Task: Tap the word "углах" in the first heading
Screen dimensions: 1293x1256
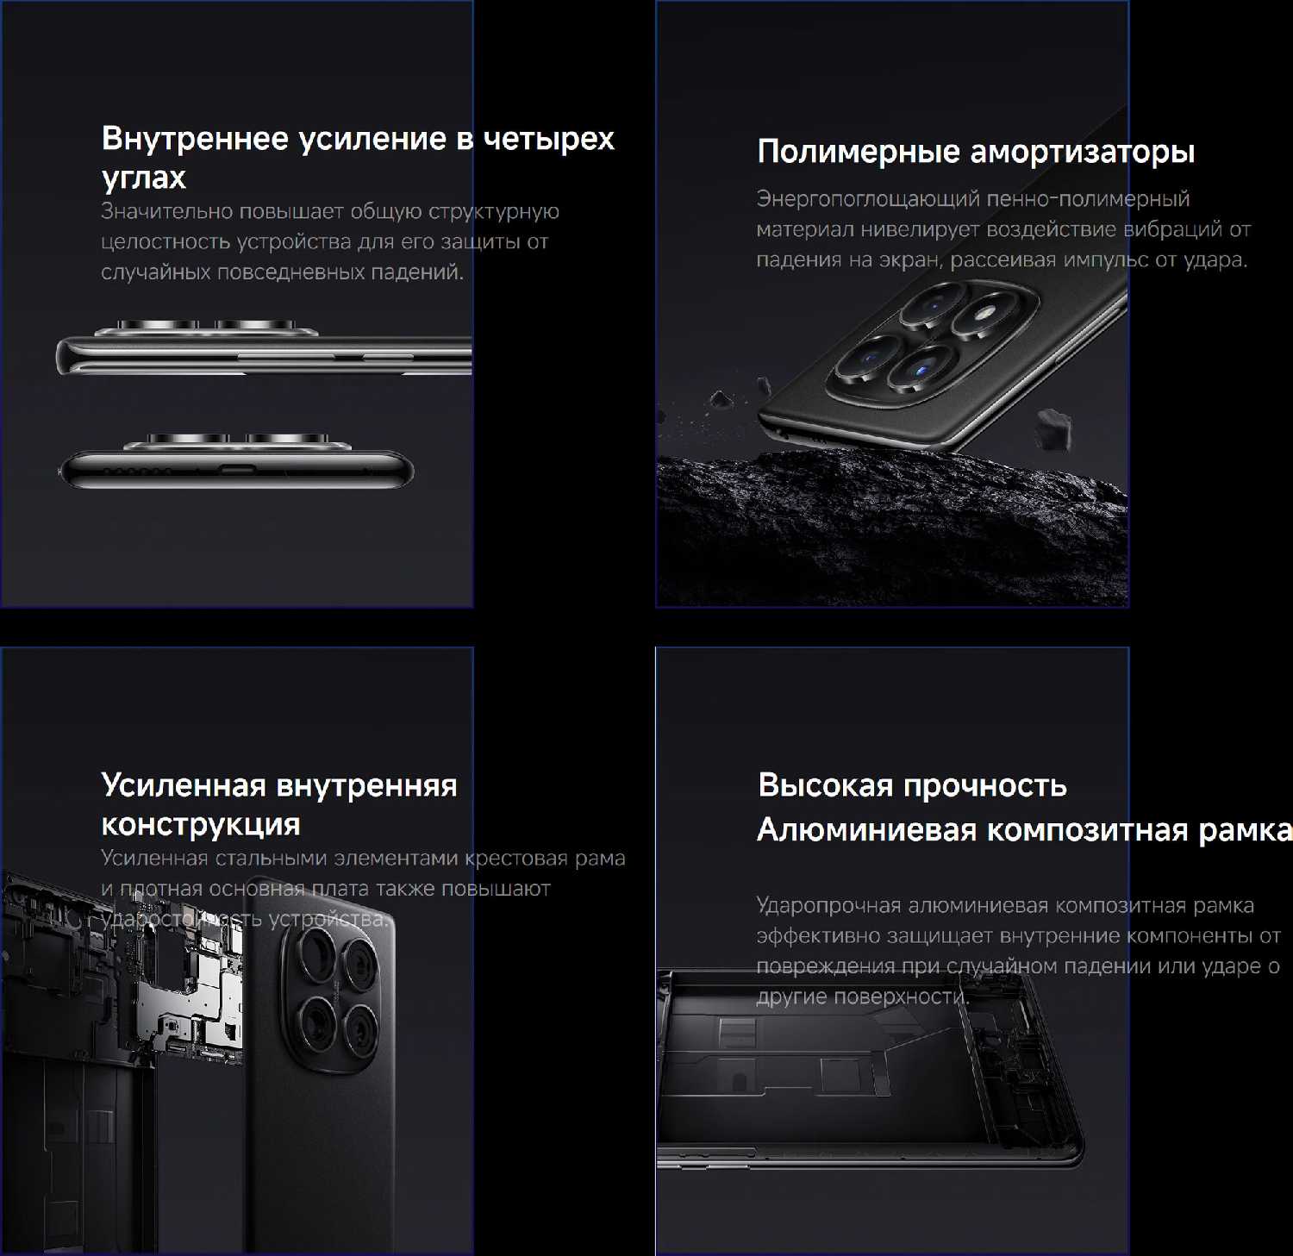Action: pos(144,178)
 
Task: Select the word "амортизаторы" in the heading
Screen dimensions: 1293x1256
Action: pos(1083,153)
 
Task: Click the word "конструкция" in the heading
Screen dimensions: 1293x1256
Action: pos(201,825)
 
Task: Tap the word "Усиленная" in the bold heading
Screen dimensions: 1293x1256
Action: pos(184,785)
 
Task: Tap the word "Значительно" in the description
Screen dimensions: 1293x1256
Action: pos(167,211)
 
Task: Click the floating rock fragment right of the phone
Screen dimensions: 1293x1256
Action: pos(1053,428)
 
